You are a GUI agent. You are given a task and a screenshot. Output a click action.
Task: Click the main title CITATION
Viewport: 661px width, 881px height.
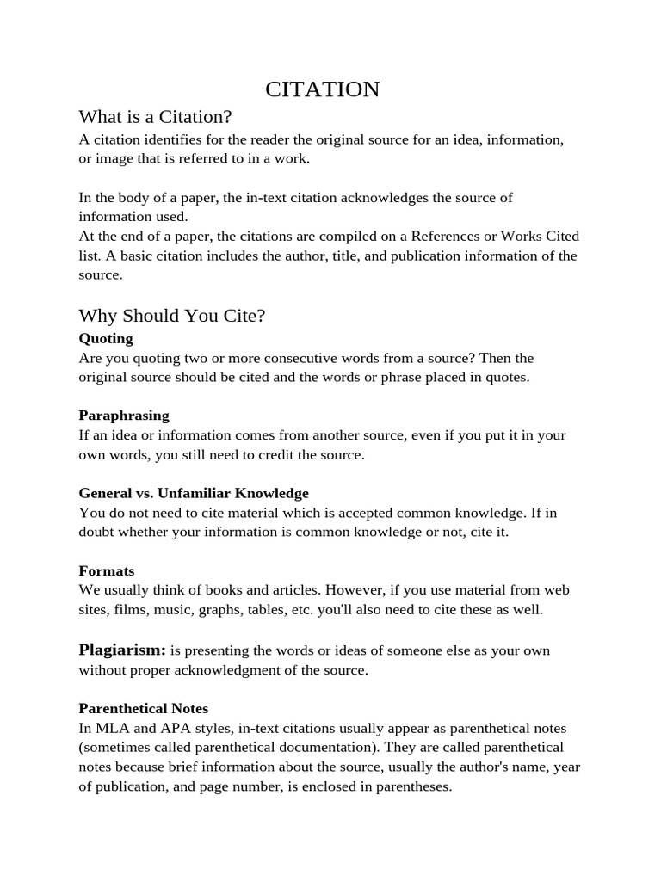tap(322, 89)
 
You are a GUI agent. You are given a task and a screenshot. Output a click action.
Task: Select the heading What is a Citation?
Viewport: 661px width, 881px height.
tap(155, 117)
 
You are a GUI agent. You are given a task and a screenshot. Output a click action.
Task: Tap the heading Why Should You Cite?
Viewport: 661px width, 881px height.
tap(171, 316)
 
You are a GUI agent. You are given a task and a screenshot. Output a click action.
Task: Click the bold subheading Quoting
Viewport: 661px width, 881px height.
tap(106, 338)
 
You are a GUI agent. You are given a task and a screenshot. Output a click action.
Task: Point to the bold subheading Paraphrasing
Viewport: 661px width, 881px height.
tap(124, 416)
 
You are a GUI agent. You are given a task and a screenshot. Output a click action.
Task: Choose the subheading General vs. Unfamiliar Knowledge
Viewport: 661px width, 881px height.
tap(194, 493)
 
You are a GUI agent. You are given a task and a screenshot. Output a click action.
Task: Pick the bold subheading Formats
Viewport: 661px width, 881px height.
tap(107, 570)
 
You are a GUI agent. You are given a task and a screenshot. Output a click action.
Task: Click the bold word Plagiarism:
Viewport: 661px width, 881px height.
tap(122, 650)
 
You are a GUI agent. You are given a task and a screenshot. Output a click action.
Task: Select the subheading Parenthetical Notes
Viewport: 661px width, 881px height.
tap(144, 708)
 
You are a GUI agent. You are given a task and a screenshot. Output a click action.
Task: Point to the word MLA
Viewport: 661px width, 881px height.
tap(110, 728)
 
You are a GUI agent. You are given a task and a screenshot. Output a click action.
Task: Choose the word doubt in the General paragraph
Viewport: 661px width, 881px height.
tap(97, 533)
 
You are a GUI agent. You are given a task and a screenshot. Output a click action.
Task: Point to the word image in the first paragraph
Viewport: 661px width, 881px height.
tap(115, 158)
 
